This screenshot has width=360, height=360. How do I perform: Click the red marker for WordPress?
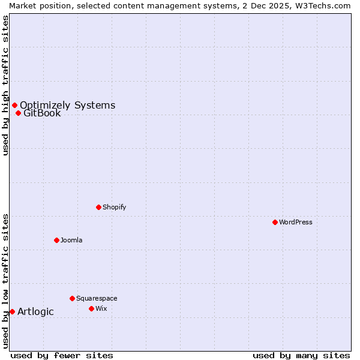(x=275, y=222)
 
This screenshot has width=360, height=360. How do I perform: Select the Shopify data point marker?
(x=98, y=207)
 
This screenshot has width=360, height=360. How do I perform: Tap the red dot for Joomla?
(x=56, y=240)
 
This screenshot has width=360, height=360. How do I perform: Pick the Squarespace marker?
(x=72, y=298)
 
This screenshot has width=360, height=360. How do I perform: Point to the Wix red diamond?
(x=91, y=308)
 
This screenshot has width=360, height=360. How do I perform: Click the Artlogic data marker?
(x=12, y=311)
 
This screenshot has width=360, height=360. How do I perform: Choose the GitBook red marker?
(x=18, y=113)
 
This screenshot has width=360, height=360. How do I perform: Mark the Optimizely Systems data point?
(x=14, y=106)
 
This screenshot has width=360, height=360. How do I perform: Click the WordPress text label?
(x=296, y=222)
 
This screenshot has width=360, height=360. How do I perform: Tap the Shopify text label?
(x=115, y=207)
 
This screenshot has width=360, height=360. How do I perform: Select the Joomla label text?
(x=71, y=240)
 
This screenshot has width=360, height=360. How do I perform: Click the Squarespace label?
(x=97, y=298)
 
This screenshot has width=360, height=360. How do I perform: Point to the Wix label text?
(x=101, y=308)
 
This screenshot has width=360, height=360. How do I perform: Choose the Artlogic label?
(x=35, y=311)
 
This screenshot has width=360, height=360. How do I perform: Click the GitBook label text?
(x=42, y=113)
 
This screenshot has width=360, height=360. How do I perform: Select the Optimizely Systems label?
(x=67, y=106)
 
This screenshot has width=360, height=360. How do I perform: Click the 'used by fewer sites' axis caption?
(x=62, y=355)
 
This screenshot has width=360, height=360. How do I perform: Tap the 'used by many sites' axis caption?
(x=301, y=355)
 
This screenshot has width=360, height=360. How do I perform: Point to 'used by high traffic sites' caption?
(x=5, y=85)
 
